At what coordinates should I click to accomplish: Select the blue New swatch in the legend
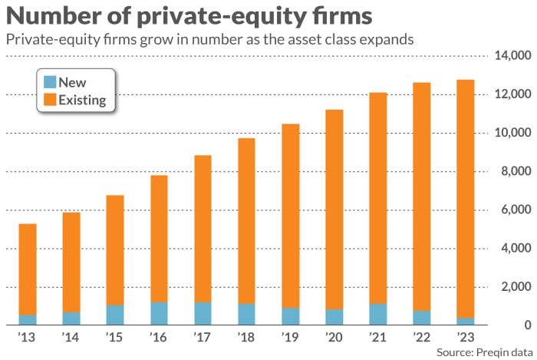pos(50,81)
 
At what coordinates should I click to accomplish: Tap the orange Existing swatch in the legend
pos(50,99)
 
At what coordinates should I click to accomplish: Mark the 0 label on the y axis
pos(523,325)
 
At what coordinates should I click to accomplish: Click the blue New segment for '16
pos(159,313)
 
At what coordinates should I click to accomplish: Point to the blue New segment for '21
pos(377,314)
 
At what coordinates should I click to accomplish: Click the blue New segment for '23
pos(465,321)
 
